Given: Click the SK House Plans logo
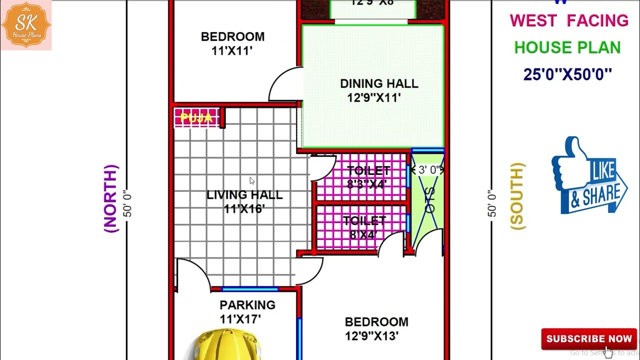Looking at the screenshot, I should pos(26,25).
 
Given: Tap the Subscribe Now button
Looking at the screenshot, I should pos(588,339).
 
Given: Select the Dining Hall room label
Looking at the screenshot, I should pos(378,90).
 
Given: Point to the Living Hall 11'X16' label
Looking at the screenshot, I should pos(244,201).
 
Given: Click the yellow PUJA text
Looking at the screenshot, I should pos(196,118).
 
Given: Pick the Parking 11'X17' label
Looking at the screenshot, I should pos(247,311).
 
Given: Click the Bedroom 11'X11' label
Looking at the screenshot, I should pos(232,43).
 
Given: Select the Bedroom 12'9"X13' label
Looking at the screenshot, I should pos(376,328).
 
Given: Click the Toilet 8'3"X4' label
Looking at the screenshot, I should pos(367,177).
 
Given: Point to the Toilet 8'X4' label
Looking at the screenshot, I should pos(364,227).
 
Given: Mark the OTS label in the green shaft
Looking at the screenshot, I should pos(429,200).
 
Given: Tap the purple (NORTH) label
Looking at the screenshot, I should pos(111,198).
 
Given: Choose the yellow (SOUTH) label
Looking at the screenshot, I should pos(518,196).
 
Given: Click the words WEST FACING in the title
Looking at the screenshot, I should pos(568,21).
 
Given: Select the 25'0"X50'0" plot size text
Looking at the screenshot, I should pos(567,74).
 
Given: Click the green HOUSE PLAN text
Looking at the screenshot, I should pos(567,48).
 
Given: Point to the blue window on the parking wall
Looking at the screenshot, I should pos(249,289).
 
